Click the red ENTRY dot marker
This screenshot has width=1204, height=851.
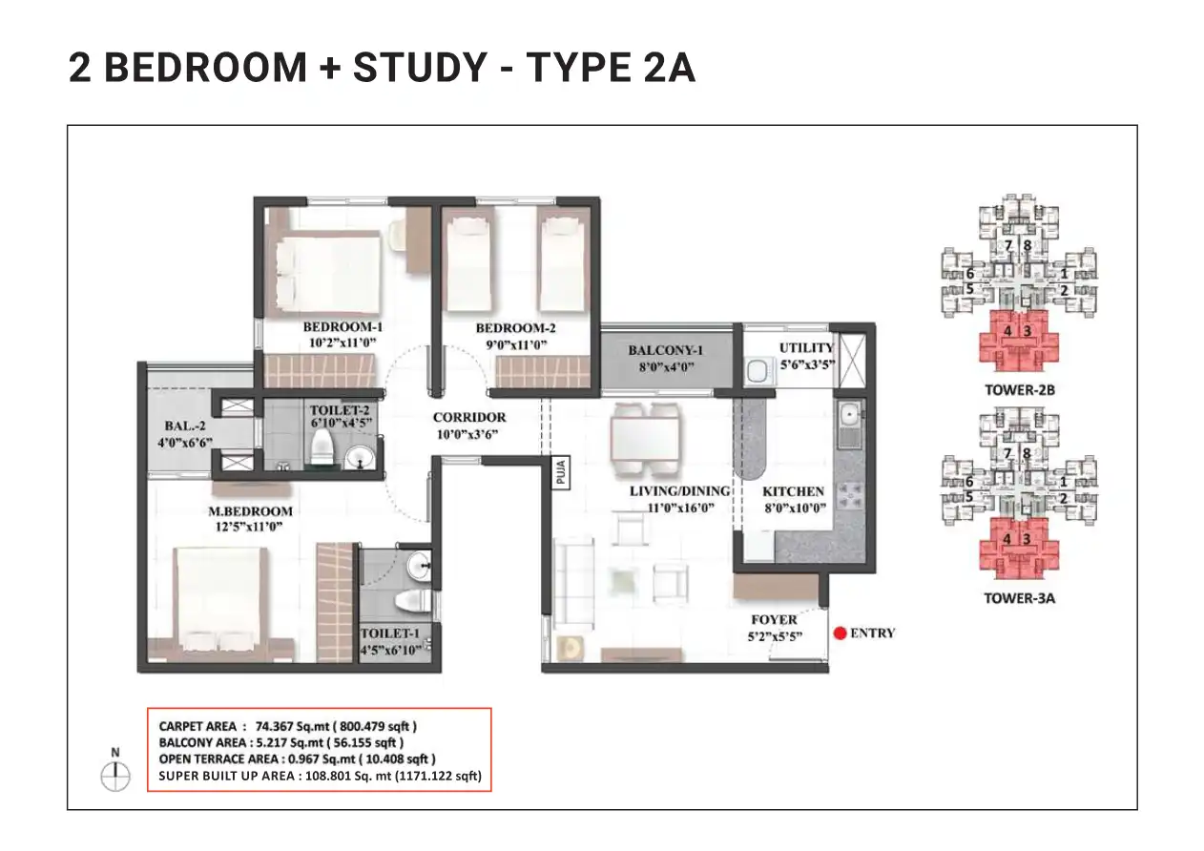point(840,633)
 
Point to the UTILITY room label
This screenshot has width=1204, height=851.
point(806,348)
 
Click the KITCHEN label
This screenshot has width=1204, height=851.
point(793,491)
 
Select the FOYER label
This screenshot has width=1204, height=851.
point(774,620)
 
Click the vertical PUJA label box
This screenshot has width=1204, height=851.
point(561,472)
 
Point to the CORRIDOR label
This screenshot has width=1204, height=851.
point(469,417)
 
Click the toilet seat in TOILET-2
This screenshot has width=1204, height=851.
point(322,446)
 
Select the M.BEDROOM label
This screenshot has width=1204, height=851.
point(250,510)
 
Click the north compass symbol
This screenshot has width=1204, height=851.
point(115,777)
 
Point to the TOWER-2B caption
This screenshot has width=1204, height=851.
point(1019,390)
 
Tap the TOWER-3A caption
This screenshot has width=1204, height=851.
point(1019,599)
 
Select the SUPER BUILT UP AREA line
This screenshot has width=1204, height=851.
point(321,777)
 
